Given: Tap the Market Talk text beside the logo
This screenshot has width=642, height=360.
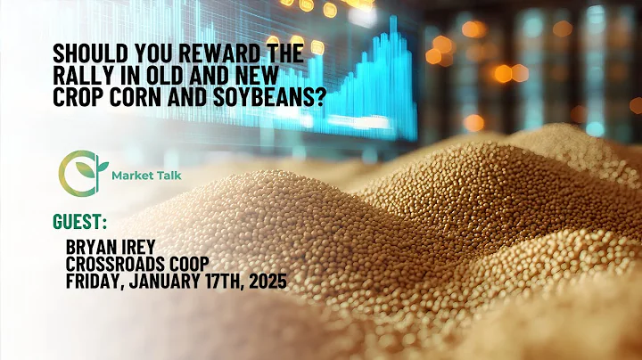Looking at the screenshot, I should tap(147, 176).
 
